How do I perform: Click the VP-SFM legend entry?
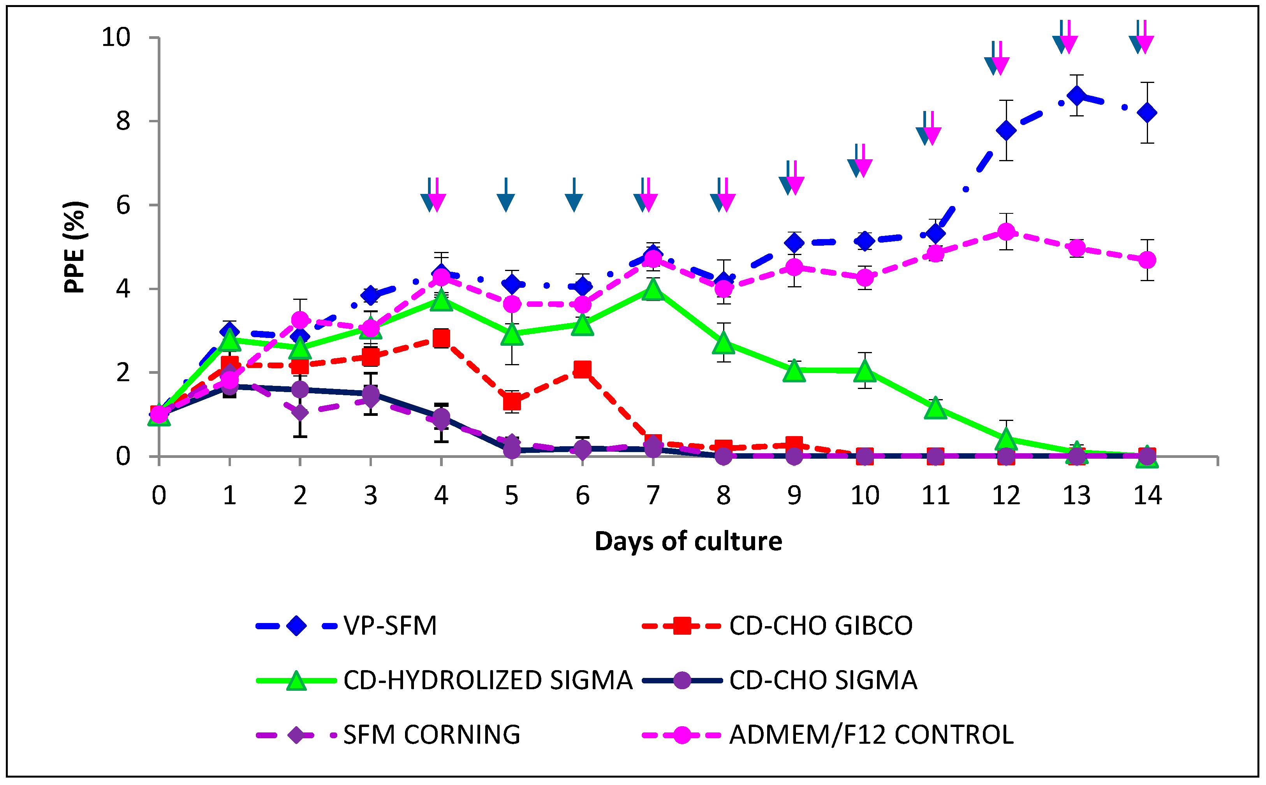pos(389,626)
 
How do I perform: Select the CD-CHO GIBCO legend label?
pos(821,626)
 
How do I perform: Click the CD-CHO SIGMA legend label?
pos(823,680)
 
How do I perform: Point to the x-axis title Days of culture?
pos(688,542)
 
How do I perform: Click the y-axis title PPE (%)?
pos(75,247)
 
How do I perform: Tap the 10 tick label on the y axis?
pos(115,37)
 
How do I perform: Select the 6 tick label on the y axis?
pos(123,206)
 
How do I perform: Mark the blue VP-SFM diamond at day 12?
pos(1006,130)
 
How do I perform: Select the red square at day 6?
pos(583,369)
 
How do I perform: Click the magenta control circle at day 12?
pos(1006,232)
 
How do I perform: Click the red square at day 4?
pos(441,338)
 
